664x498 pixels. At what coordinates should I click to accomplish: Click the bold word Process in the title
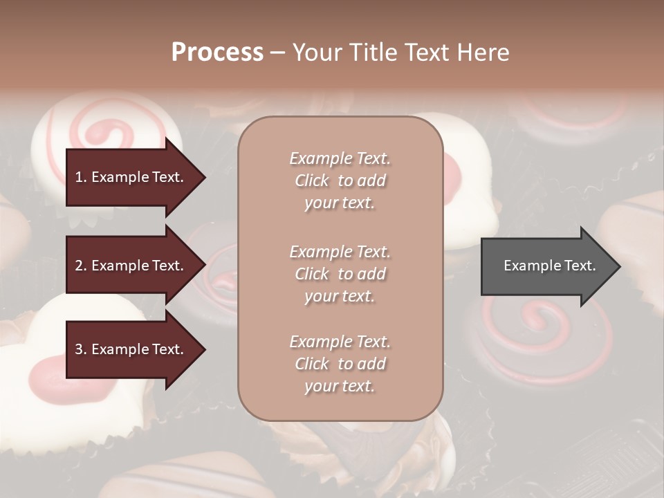217,53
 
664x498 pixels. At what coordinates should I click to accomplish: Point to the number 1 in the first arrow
78,177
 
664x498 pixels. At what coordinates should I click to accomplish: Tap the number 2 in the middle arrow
78,266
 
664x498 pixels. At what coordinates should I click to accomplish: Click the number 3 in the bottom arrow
78,349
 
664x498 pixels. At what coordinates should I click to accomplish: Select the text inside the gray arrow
550,266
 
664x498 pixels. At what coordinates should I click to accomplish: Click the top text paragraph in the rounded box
340,181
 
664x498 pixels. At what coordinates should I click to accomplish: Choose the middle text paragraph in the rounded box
340,274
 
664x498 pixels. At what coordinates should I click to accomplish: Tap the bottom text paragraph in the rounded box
340,364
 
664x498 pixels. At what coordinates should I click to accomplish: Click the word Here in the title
483,53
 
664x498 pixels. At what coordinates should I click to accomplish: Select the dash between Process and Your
277,53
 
